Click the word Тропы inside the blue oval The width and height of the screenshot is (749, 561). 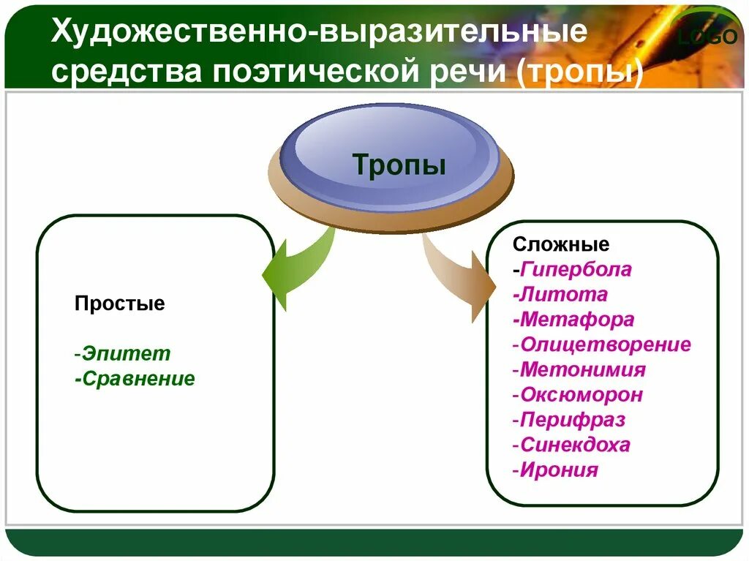point(399,164)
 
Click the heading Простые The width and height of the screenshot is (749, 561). point(119,304)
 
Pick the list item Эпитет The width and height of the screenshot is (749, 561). point(126,354)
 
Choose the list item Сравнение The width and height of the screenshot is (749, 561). point(138,379)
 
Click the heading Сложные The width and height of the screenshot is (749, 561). point(561,244)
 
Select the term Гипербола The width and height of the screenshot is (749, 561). point(576,269)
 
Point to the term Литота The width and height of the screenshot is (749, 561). point(563,295)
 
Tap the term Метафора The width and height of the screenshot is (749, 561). point(577,320)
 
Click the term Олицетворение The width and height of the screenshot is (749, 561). point(605,344)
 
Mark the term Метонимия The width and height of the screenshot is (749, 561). point(583,369)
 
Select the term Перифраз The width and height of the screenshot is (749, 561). point(573,420)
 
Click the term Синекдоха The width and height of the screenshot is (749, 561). point(575,445)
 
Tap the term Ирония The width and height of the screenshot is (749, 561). point(559,470)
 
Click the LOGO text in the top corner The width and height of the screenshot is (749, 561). point(707,36)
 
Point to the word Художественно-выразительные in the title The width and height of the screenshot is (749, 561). point(317,33)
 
